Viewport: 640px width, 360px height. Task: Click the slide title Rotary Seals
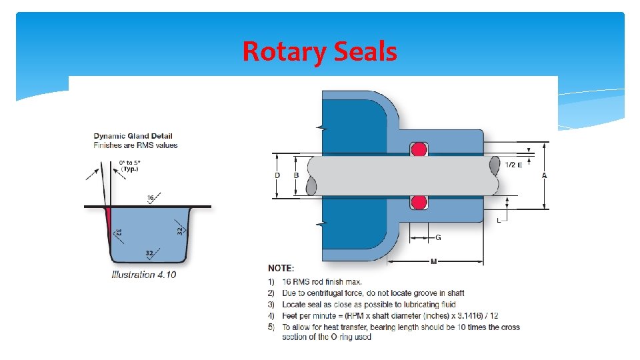click(319, 51)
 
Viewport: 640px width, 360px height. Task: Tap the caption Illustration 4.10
click(145, 274)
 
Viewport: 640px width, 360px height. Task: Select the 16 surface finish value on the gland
click(151, 197)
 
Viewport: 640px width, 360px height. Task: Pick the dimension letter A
click(545, 175)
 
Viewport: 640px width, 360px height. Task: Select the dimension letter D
click(277, 175)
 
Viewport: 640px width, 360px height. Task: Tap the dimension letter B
click(296, 175)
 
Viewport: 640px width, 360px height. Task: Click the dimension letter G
click(437, 237)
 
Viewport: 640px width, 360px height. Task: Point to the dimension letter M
click(434, 261)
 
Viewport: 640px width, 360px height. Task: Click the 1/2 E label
click(513, 164)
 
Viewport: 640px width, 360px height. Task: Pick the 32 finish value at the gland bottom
click(150, 253)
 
